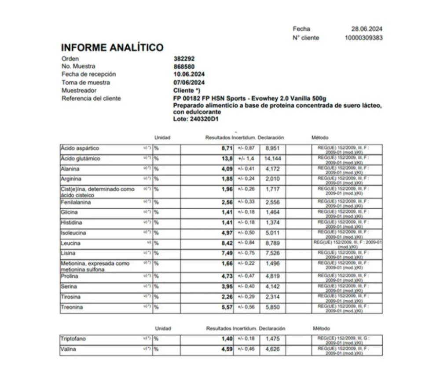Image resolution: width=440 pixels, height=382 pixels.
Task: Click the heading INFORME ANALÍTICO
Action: (112, 47)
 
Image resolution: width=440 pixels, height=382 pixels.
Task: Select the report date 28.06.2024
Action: (367, 29)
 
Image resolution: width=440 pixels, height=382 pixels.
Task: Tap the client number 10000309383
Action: (363, 38)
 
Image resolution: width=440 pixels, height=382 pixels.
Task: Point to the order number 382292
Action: (184, 58)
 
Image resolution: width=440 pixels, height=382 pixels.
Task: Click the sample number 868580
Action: (184, 66)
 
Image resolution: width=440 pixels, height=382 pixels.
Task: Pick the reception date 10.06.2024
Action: (189, 74)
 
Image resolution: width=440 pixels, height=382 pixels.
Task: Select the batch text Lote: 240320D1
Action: (196, 119)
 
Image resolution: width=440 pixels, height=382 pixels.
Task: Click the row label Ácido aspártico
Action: (80, 149)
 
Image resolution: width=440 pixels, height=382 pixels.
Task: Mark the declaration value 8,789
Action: (272, 243)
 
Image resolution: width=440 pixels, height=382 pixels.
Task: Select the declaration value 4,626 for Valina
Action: (272, 349)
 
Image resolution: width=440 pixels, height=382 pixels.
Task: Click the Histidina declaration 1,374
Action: (272, 222)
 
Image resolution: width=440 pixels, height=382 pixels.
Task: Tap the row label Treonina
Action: (72, 307)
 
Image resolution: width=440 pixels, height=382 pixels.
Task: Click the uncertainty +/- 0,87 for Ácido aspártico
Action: (246, 149)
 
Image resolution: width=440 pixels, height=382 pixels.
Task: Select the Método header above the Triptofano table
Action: (321, 328)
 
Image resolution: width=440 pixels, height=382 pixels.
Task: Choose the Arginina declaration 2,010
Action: (272, 179)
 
